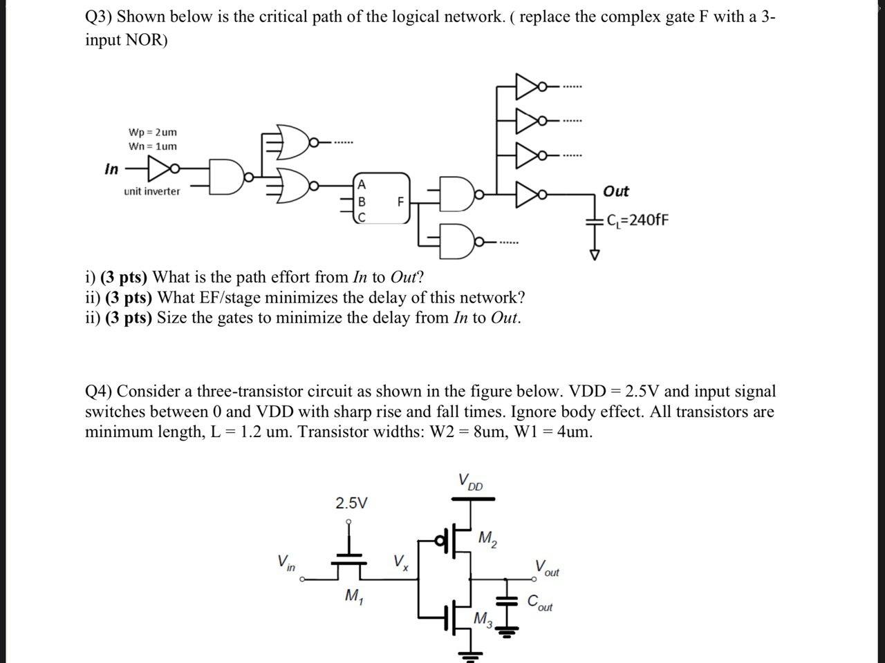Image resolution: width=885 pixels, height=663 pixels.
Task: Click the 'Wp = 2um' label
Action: [x=152, y=132]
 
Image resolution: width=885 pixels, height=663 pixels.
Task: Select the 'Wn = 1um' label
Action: [x=152, y=146]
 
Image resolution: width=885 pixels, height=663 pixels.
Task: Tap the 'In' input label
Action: [x=111, y=169]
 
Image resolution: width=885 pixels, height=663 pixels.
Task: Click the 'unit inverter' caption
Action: [x=152, y=191]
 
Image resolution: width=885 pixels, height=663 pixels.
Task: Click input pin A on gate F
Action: [x=361, y=184]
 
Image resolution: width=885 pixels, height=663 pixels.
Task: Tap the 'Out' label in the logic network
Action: [x=615, y=191]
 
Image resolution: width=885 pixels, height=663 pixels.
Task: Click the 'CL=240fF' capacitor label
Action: [x=636, y=220]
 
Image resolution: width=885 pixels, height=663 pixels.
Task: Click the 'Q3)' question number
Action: [x=98, y=17]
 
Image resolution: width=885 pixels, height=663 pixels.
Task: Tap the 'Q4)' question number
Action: [x=98, y=392]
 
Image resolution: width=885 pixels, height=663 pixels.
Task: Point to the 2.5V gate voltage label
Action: [x=351, y=503]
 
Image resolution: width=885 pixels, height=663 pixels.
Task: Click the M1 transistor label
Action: [x=353, y=596]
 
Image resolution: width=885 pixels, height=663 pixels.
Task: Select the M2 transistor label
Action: [x=487, y=537]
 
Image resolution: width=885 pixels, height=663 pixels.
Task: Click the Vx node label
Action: [x=400, y=561]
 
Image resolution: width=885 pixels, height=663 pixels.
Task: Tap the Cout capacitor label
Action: [x=540, y=603]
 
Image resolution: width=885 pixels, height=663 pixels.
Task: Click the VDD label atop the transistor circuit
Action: [x=471, y=481]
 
